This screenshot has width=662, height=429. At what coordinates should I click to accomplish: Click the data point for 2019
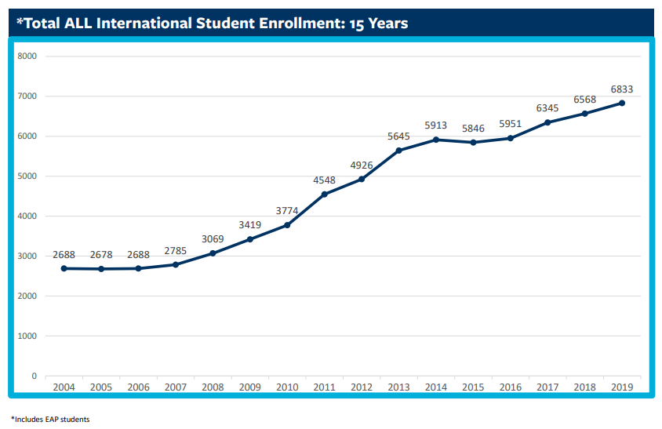tap(622, 103)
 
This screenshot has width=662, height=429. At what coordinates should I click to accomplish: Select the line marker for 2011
tap(325, 195)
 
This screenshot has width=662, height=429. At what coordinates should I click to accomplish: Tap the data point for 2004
tap(64, 268)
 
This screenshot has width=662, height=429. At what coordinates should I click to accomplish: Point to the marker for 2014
tap(436, 140)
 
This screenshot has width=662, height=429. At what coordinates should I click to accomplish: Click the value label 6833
tap(622, 89)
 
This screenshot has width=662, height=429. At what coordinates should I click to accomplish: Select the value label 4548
tap(325, 180)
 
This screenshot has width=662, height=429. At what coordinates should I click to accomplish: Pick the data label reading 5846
tap(474, 129)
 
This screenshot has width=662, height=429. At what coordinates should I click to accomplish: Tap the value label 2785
tap(176, 251)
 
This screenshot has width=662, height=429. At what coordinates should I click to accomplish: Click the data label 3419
tap(250, 226)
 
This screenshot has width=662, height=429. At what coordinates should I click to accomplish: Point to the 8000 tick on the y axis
tap(27, 56)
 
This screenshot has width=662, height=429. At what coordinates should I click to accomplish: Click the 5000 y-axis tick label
tap(27, 176)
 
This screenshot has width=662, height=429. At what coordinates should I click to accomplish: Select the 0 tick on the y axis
tap(34, 376)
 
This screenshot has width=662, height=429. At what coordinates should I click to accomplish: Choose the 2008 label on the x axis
tap(213, 387)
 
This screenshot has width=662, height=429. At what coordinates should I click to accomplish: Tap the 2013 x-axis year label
tap(399, 387)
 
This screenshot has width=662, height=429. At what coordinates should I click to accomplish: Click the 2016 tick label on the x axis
tap(511, 387)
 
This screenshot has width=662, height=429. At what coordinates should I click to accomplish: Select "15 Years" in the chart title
tap(377, 23)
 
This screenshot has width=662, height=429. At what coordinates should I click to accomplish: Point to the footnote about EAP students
tap(50, 420)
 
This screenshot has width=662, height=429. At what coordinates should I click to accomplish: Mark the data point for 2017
tap(547, 122)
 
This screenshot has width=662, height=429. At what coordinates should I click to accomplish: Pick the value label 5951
tap(511, 124)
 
